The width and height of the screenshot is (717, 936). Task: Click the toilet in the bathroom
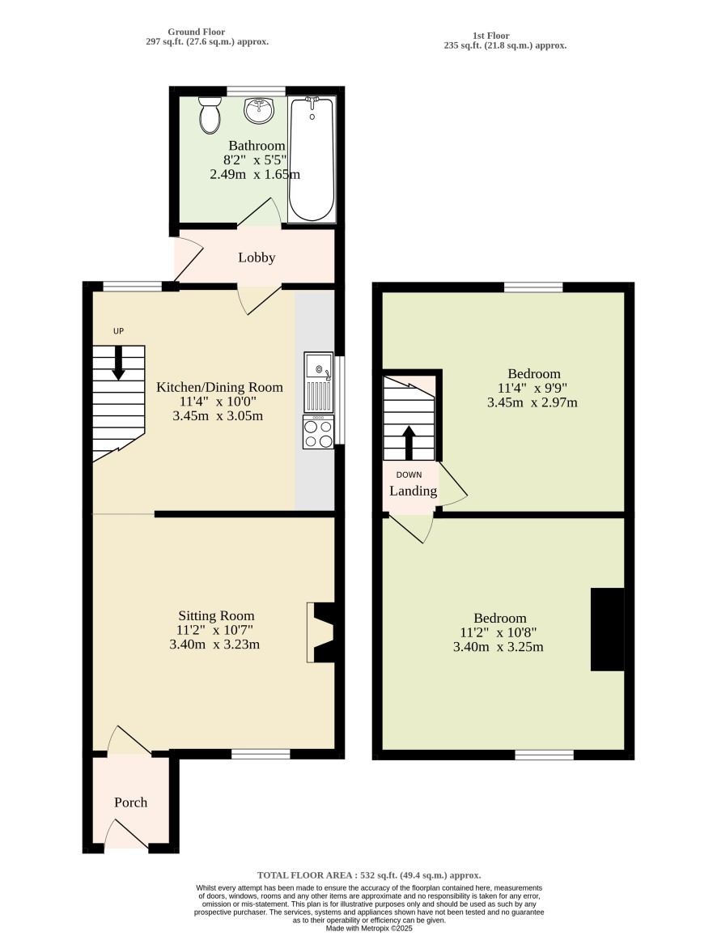click(210, 115)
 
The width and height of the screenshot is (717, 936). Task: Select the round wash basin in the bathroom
click(259, 110)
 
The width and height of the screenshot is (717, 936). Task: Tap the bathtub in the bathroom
click(312, 159)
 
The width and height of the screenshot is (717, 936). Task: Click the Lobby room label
click(257, 257)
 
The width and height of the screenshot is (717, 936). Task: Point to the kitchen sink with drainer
click(319, 381)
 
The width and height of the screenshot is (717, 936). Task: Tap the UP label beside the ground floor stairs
click(119, 330)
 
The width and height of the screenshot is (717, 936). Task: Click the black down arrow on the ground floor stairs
click(119, 363)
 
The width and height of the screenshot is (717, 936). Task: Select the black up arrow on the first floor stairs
click(409, 442)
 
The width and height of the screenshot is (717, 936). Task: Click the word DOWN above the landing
click(409, 475)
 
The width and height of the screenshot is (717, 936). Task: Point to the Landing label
click(414, 491)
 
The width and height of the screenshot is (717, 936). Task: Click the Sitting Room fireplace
click(321, 632)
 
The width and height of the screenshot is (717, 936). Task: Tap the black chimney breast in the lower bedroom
click(608, 630)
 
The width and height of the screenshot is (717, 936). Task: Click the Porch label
click(130, 802)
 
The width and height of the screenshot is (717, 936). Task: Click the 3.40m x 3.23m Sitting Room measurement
click(214, 644)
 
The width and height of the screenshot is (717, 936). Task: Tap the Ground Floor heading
click(197, 32)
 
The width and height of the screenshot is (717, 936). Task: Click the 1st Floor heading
click(491, 35)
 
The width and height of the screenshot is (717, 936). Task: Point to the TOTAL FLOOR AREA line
click(369, 875)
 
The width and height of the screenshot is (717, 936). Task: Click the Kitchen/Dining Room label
click(219, 387)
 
